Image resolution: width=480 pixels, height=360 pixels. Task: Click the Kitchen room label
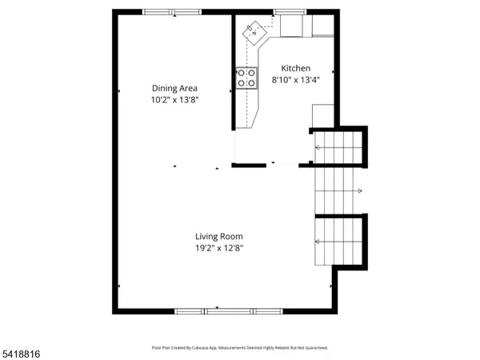click(295, 69)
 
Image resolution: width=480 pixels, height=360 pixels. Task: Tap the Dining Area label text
click(175, 88)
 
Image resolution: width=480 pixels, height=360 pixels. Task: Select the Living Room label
click(219, 236)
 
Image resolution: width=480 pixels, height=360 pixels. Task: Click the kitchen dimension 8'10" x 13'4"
click(295, 80)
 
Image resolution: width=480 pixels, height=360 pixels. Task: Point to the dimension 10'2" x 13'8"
click(175, 99)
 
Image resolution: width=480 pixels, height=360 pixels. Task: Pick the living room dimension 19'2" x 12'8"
click(219, 248)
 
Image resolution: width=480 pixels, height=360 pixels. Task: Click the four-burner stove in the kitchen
click(246, 77)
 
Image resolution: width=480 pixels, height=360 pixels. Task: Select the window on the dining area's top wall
click(172, 12)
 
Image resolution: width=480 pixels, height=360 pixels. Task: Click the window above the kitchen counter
click(284, 12)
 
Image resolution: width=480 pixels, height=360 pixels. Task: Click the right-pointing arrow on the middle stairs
click(360, 190)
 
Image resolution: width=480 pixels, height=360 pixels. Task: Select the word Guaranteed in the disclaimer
click(314, 348)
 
